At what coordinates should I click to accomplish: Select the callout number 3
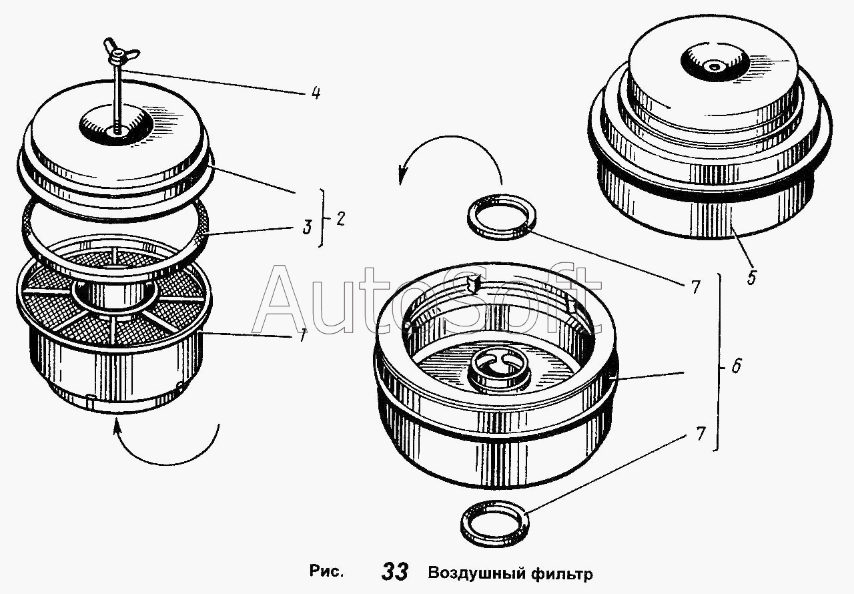click(306, 227)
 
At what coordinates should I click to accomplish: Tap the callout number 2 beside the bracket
click(341, 220)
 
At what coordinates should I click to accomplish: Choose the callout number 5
click(752, 278)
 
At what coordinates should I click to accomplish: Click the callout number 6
click(736, 366)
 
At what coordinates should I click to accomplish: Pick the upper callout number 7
click(695, 287)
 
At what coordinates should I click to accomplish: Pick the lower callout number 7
click(701, 434)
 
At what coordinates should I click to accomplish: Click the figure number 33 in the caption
click(395, 573)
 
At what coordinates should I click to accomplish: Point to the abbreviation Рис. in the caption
click(326, 572)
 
